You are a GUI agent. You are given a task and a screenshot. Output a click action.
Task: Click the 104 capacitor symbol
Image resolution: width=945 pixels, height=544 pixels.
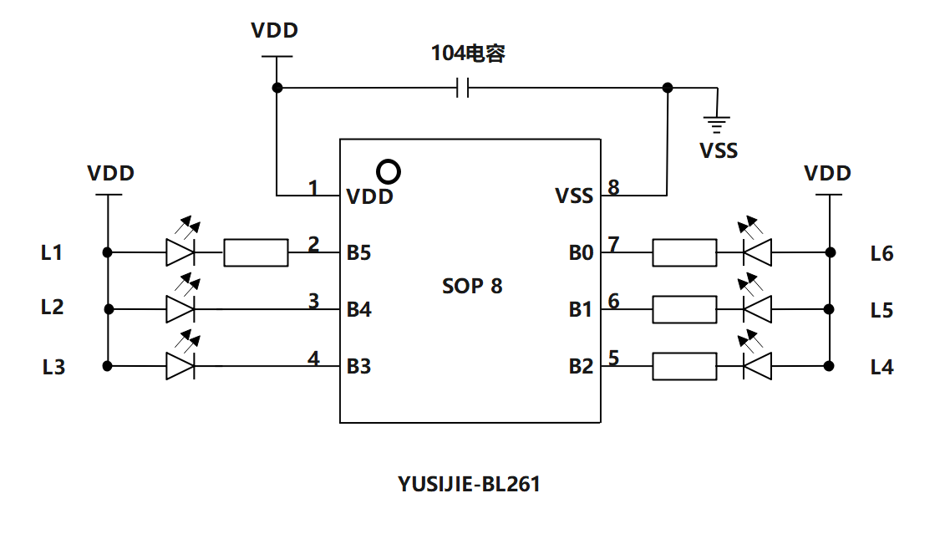(x=462, y=88)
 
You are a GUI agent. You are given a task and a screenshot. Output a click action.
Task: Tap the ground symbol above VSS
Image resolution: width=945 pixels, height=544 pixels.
(x=716, y=124)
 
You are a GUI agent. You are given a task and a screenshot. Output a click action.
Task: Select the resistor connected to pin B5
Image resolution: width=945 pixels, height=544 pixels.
(x=256, y=252)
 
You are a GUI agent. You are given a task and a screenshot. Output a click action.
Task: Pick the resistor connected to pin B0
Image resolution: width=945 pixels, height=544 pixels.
(x=683, y=252)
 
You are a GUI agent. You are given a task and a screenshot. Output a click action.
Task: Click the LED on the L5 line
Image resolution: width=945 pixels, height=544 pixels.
(x=757, y=309)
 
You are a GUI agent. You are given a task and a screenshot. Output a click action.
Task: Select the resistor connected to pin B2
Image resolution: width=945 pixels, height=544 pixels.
(x=683, y=366)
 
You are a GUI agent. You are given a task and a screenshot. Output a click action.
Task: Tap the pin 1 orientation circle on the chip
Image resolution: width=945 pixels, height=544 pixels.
(x=389, y=171)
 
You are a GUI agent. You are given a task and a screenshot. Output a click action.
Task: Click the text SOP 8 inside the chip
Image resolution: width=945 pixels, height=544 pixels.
(x=472, y=286)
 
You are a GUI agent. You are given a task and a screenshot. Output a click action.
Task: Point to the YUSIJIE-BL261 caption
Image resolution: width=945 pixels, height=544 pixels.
(x=469, y=484)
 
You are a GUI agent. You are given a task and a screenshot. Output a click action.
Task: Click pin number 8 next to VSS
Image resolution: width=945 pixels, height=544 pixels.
(x=613, y=187)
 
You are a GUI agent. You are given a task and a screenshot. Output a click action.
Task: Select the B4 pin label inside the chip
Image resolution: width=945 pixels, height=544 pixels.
(x=359, y=310)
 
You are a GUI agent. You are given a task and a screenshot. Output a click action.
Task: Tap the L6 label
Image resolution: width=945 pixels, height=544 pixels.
(x=881, y=253)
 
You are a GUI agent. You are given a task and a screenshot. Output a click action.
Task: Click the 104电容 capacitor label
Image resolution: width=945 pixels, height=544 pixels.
(x=468, y=54)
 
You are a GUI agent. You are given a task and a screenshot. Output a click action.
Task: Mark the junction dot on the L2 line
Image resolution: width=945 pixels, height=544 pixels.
(x=108, y=309)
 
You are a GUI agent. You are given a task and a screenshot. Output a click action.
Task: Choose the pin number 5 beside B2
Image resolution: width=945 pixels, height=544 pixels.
(x=613, y=358)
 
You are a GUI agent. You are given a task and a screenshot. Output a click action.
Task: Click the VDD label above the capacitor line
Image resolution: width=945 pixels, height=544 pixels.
(x=275, y=31)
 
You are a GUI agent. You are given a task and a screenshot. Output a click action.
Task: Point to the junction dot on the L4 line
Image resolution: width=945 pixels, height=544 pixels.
(x=829, y=366)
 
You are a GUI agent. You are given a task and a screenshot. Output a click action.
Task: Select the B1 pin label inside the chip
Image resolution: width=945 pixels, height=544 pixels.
(x=581, y=310)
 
